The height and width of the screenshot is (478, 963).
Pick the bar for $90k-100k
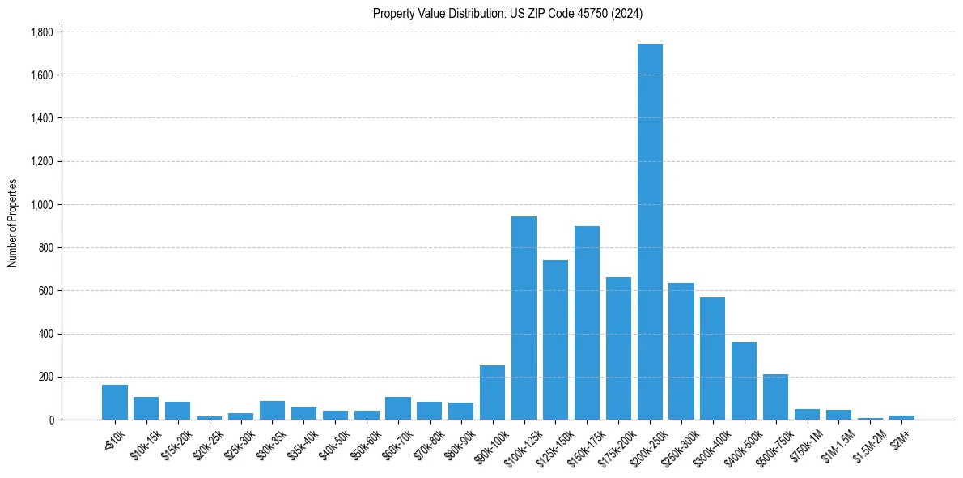pyautogui.click(x=492, y=392)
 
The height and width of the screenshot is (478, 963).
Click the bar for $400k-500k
pyautogui.click(x=744, y=381)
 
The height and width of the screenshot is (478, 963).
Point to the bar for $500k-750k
pyautogui.click(x=775, y=397)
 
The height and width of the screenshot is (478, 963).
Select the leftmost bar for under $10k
pyautogui.click(x=114, y=402)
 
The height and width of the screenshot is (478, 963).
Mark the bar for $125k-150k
pyautogui.click(x=555, y=339)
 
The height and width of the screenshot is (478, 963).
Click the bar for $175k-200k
pyautogui.click(x=618, y=348)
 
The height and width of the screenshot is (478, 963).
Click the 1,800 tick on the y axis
pyautogui.click(x=41, y=32)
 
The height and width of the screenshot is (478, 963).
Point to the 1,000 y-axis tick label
pyautogui.click(x=41, y=204)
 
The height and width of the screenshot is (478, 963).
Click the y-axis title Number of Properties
pyautogui.click(x=13, y=223)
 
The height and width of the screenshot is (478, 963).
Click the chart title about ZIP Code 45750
pyautogui.click(x=507, y=13)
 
